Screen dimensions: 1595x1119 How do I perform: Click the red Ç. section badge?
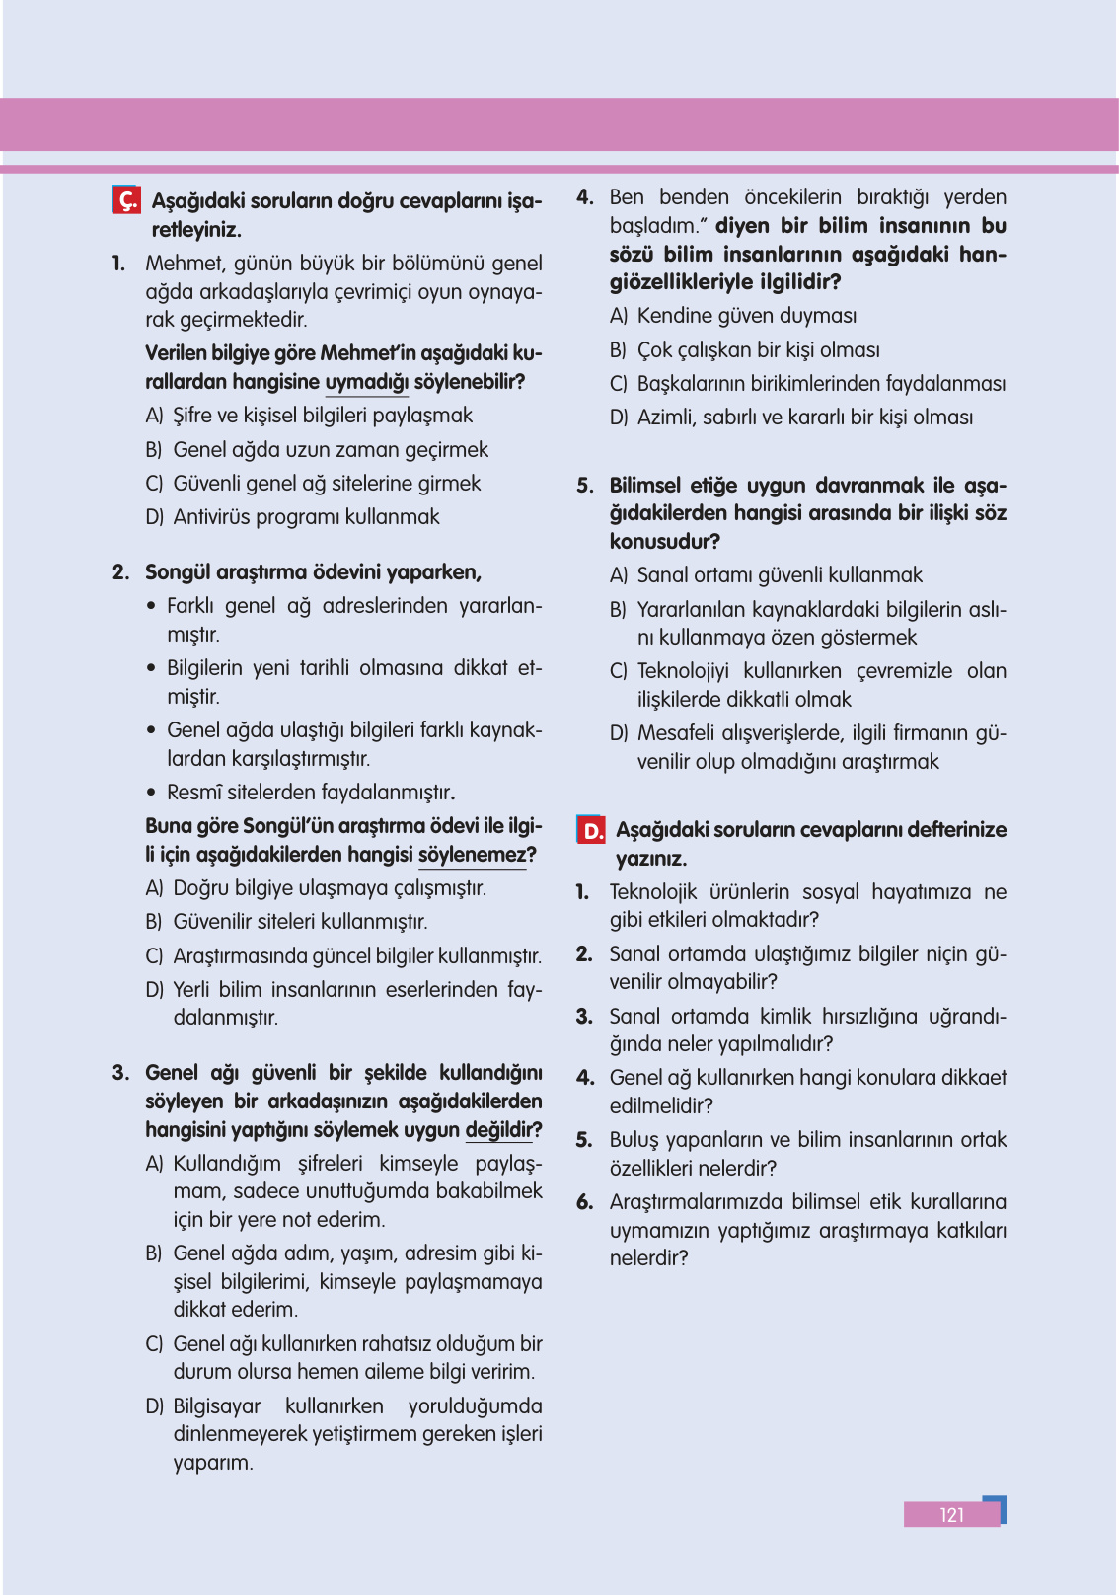click(126, 200)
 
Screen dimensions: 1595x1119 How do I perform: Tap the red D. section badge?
click(591, 829)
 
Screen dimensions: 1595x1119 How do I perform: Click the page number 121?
click(951, 1515)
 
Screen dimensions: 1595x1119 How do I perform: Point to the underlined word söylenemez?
click(473, 855)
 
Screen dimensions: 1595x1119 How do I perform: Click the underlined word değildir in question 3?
click(499, 1130)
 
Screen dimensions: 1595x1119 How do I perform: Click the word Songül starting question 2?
click(179, 572)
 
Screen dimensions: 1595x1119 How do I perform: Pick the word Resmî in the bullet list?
click(193, 793)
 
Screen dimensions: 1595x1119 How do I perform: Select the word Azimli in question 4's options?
click(666, 418)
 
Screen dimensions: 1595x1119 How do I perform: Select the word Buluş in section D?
click(634, 1140)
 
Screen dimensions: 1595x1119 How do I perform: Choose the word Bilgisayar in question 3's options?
click(217, 1406)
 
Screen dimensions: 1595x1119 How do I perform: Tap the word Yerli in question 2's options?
click(191, 990)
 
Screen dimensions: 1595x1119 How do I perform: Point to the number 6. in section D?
click(584, 1202)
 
